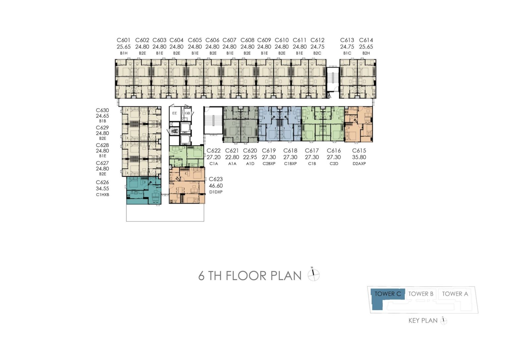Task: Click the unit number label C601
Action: point(124,40)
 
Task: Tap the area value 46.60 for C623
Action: point(216,186)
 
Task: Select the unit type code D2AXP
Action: point(359,163)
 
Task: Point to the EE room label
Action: point(175,113)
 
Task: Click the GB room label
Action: point(187,113)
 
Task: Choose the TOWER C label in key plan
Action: point(388,294)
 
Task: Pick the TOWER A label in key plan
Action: point(455,294)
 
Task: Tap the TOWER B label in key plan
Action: point(421,294)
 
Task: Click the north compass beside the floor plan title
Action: point(313,274)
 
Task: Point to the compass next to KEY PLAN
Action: point(444,321)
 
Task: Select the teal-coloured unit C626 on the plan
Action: point(143,191)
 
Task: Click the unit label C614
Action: point(366,40)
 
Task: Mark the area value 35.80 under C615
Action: point(359,157)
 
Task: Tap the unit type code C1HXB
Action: point(102,195)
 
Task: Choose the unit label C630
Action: point(102,110)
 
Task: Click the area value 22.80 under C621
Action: point(232,157)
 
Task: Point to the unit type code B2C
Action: point(317,53)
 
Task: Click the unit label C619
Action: point(269,151)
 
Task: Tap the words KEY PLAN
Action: point(423,321)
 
